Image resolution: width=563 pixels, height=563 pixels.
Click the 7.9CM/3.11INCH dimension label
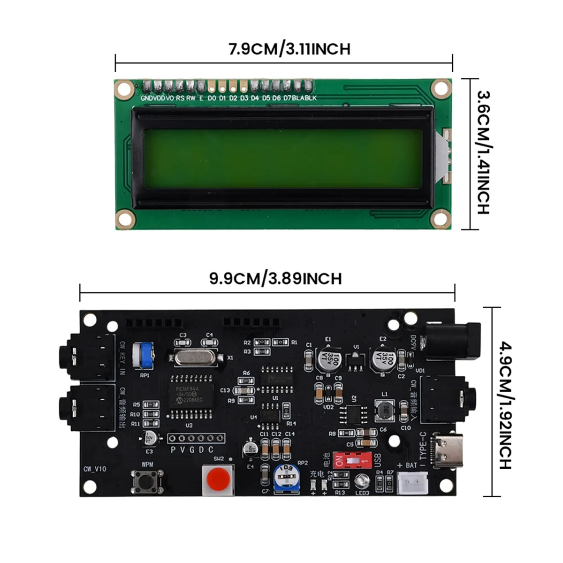(x=289, y=49)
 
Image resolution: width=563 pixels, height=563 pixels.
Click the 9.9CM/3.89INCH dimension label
(x=275, y=278)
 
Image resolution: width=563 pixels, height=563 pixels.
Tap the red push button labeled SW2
(x=218, y=479)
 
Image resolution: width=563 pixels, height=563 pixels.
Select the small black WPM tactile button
(x=147, y=481)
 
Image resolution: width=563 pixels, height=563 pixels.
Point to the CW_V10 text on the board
(x=95, y=469)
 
